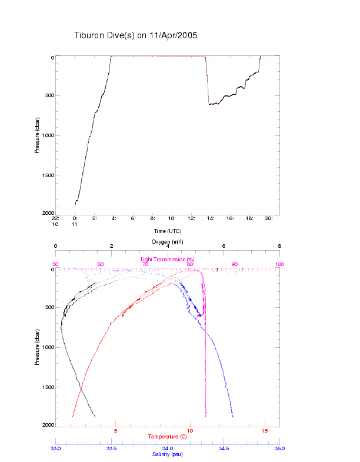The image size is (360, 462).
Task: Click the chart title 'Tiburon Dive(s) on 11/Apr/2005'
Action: click(135, 35)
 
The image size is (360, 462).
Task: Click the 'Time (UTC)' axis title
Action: click(168, 231)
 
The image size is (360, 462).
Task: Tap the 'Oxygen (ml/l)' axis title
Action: click(168, 241)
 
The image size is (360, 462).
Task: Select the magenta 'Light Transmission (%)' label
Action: click(168, 259)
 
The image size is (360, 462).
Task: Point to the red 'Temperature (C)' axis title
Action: click(168, 437)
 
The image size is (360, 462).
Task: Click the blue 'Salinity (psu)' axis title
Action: click(168, 454)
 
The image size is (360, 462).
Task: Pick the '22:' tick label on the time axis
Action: click(56, 218)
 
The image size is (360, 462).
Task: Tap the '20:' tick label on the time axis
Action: click(268, 218)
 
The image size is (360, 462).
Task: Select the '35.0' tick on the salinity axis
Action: click(279, 448)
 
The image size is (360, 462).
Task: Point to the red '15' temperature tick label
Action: click(264, 431)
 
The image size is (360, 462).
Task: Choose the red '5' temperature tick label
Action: click(116, 431)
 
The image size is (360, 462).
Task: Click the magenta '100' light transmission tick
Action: click(279, 264)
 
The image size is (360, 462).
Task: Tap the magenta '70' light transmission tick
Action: click(145, 264)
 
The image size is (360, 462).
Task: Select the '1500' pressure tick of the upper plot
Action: click(45, 175)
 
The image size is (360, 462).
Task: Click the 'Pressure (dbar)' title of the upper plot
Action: click(36, 135)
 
